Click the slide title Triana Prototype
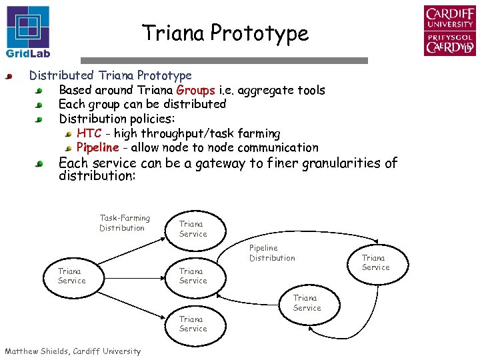pyautogui.click(x=225, y=33)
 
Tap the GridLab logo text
pyautogui.click(x=28, y=53)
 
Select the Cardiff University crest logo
pyautogui.click(x=449, y=30)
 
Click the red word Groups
pyautogui.click(x=195, y=90)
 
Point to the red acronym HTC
pyautogui.click(x=89, y=133)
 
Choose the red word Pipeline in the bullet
pyautogui.click(x=97, y=147)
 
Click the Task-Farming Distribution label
pyautogui.click(x=125, y=223)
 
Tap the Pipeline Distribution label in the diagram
pyautogui.click(x=272, y=253)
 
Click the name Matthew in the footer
pyautogui.click(x=24, y=351)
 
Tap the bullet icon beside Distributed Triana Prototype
pyautogui.click(x=9, y=77)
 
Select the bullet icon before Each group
pyautogui.click(x=40, y=105)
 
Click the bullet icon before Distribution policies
pyautogui.click(x=40, y=119)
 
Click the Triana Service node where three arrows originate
pyautogui.click(x=71, y=276)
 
